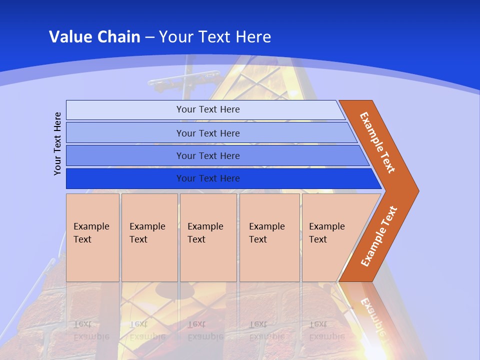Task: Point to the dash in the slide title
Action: [x=149, y=37]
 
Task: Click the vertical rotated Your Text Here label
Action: [x=57, y=144]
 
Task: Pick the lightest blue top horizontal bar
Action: [x=125, y=110]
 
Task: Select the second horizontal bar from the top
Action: [x=125, y=133]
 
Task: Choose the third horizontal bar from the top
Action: [x=125, y=155]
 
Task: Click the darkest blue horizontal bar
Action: [x=125, y=178]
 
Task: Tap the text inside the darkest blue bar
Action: [x=208, y=178]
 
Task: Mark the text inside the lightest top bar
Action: [x=208, y=109]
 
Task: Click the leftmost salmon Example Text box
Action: [x=92, y=237]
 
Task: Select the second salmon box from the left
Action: [x=149, y=237]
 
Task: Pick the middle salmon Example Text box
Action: [x=208, y=237]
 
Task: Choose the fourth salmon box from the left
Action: [x=269, y=237]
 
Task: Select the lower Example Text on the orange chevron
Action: [x=379, y=236]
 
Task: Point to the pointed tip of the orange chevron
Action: [x=417, y=191]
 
